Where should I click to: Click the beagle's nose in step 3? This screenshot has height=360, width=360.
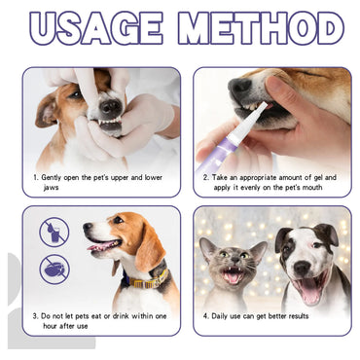pos(87,231)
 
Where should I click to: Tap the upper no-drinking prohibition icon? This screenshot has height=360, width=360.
pos(54,232)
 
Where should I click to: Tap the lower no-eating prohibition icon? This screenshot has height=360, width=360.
pos(54,268)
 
